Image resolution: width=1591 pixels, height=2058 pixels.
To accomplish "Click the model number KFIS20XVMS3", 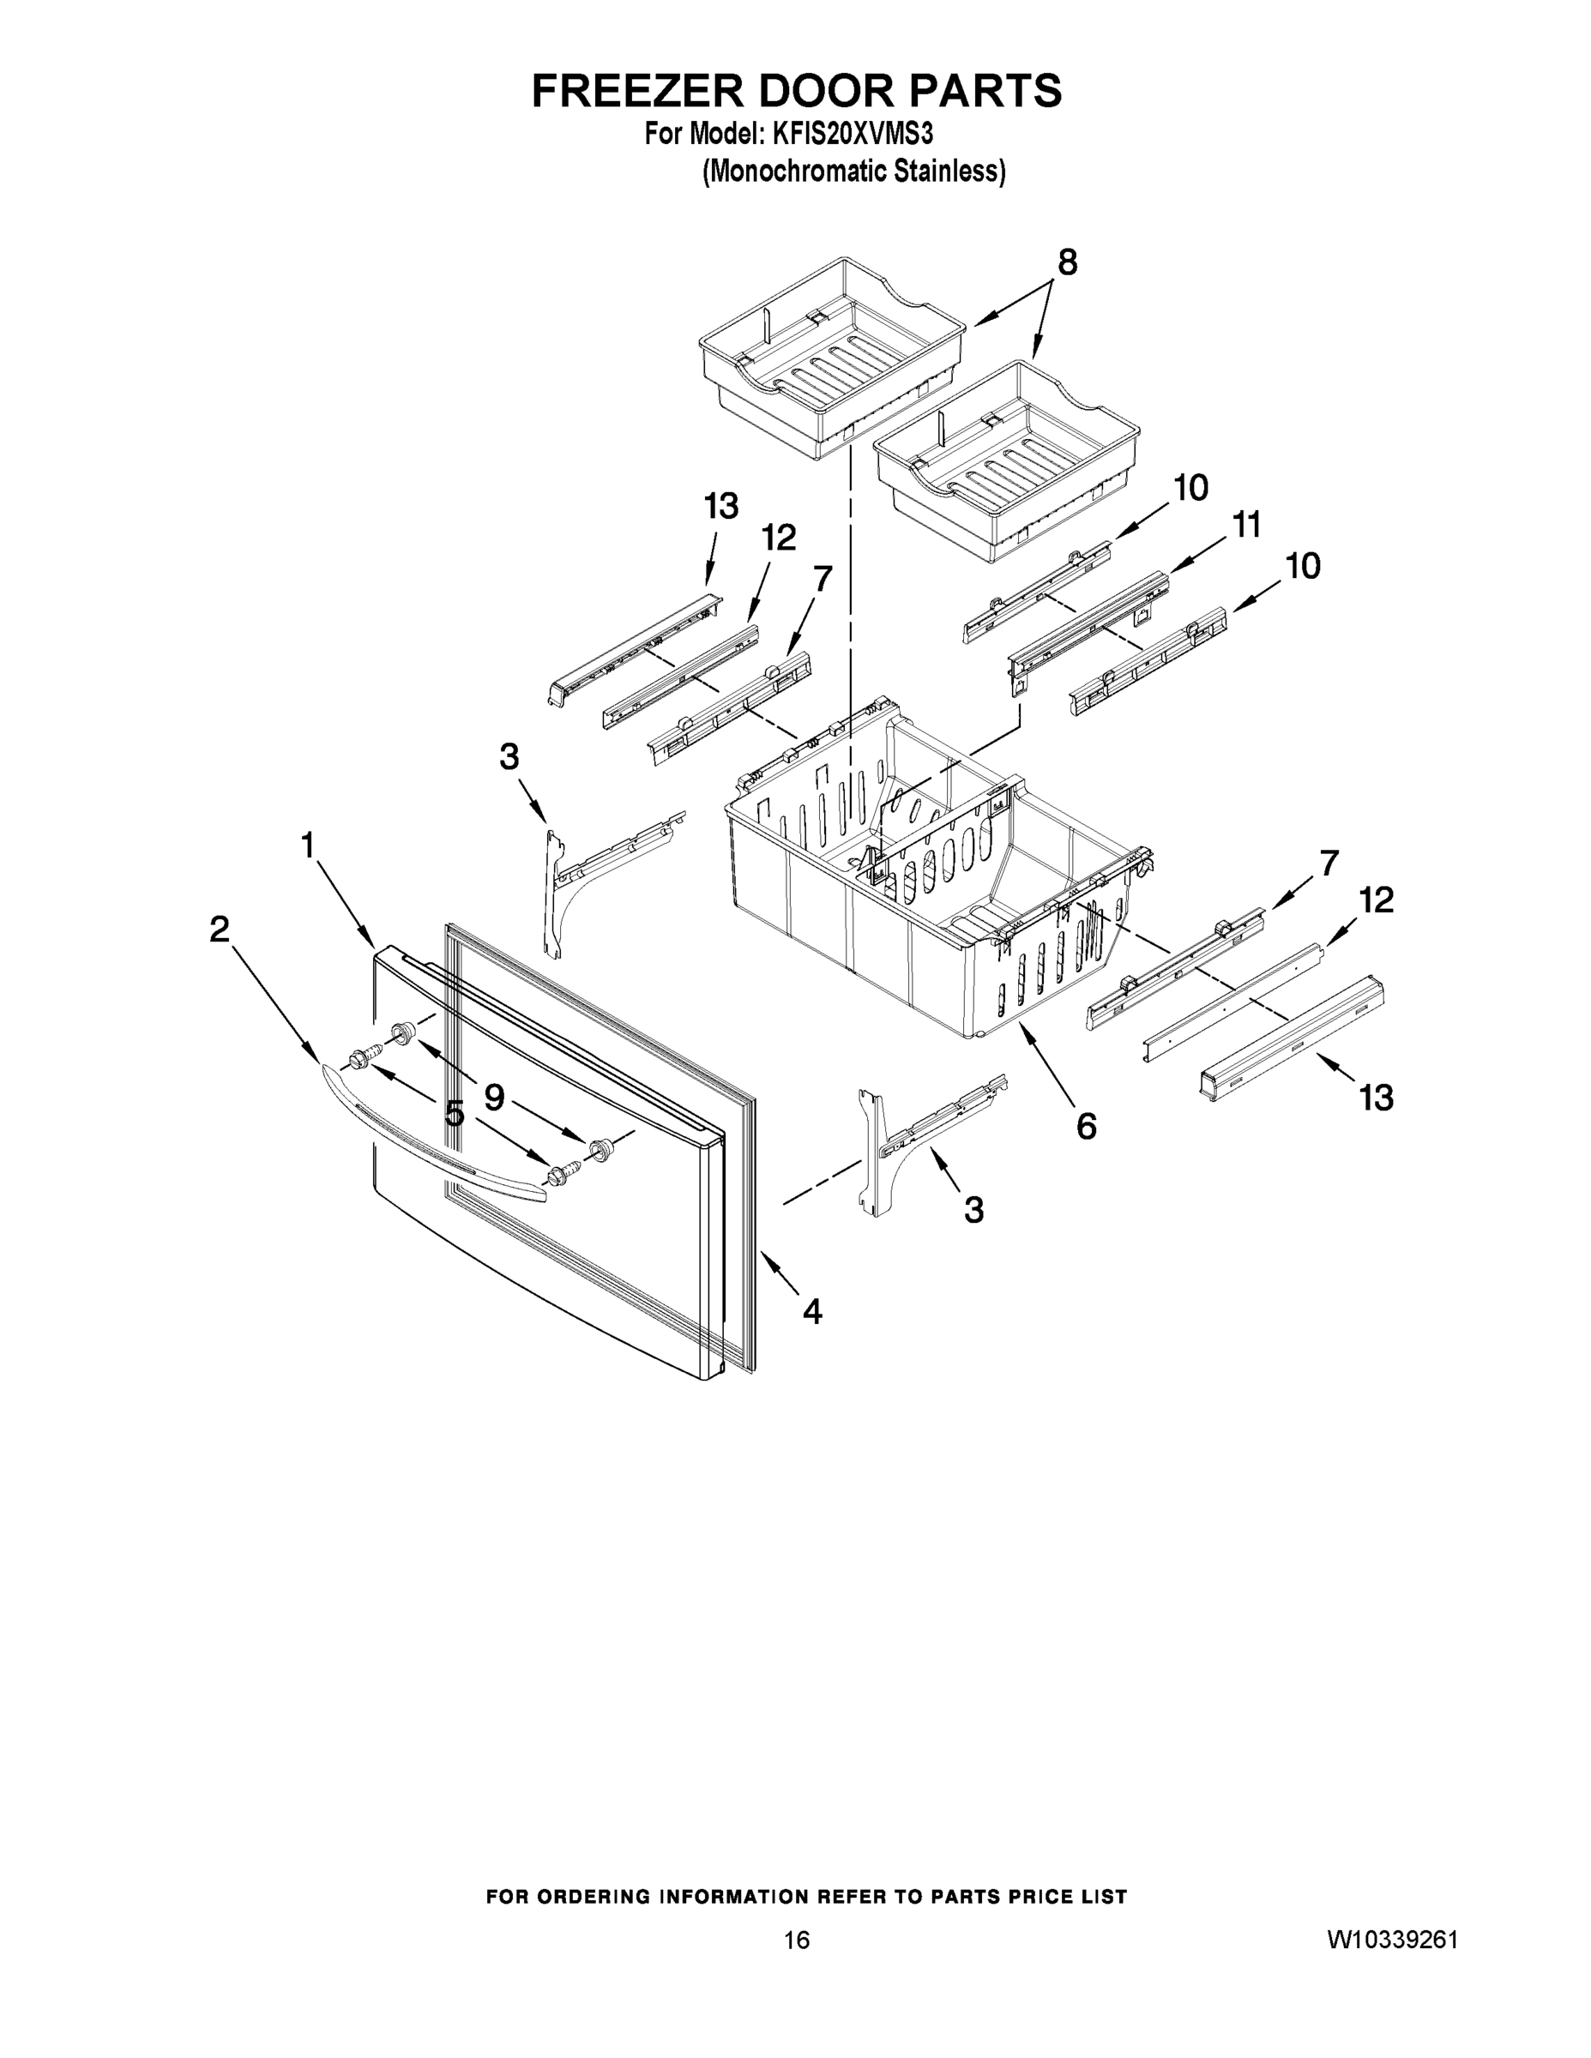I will [852, 134].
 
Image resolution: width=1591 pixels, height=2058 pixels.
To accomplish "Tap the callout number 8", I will [1066, 263].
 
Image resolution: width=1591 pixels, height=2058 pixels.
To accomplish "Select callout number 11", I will [1246, 526].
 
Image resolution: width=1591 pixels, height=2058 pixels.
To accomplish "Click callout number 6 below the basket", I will [1086, 1125].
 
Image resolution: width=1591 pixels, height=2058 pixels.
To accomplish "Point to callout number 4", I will [811, 1311].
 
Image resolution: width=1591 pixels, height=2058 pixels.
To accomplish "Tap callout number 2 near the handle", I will [219, 930].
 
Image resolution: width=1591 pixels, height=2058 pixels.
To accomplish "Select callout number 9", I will [493, 1097].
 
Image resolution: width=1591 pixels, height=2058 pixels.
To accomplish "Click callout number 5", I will [455, 1114].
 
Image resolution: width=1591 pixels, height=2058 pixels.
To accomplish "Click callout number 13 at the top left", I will [721, 507].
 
